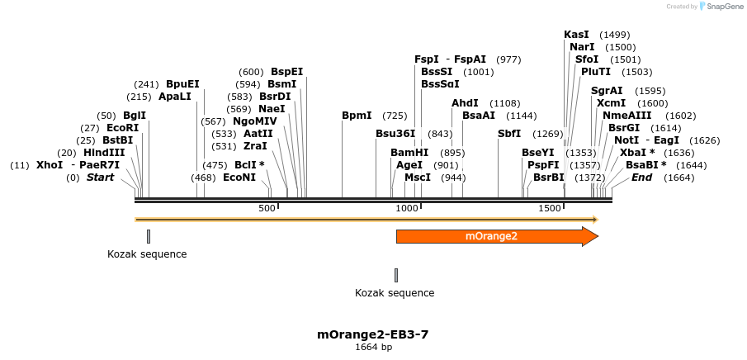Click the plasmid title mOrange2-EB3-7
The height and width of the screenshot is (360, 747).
[x=373, y=334]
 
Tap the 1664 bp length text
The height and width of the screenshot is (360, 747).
[x=373, y=348]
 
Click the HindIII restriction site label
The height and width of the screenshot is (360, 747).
[x=104, y=153]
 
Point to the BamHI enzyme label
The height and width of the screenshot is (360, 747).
[x=409, y=153]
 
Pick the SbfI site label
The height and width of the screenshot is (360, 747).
[x=509, y=134]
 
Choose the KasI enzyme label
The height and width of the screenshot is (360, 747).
[x=576, y=35]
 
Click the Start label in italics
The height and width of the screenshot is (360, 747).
[x=101, y=178]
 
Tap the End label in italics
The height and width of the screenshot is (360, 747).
[x=641, y=178]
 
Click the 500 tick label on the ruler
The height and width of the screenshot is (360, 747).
[x=267, y=209]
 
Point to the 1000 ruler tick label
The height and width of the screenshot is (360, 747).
[x=407, y=209]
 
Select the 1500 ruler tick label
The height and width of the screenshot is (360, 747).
[x=550, y=209]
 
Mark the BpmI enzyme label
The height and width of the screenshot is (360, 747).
[x=357, y=116]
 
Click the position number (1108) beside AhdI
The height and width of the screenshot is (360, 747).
[x=504, y=103]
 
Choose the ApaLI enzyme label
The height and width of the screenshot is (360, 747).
[x=175, y=97]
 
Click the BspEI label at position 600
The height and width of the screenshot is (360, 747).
[x=287, y=72]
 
